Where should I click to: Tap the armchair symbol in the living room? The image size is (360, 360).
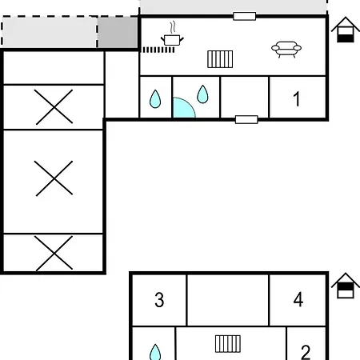(286, 50)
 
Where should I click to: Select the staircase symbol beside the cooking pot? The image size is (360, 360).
(220, 59)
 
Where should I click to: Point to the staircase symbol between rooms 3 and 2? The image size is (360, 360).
(228, 344)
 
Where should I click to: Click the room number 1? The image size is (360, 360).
(296, 99)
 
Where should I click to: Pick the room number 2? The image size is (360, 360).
(306, 352)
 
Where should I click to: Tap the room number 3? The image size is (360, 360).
(159, 300)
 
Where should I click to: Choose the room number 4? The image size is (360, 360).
(298, 299)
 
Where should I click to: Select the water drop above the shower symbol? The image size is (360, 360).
(202, 94)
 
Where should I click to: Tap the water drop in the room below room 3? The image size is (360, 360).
(155, 353)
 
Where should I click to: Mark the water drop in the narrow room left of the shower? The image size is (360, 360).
(155, 99)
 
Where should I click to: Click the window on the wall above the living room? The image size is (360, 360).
(245, 16)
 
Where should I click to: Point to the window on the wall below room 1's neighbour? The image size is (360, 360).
(246, 119)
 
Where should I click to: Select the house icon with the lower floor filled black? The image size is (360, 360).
(346, 30)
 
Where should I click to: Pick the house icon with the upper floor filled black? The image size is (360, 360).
(346, 286)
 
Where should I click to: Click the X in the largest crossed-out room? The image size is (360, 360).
(54, 178)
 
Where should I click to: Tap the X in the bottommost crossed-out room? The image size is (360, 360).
(54, 253)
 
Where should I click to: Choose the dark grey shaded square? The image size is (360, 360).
(118, 33)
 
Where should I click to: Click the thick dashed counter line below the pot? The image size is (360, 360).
(158, 50)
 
